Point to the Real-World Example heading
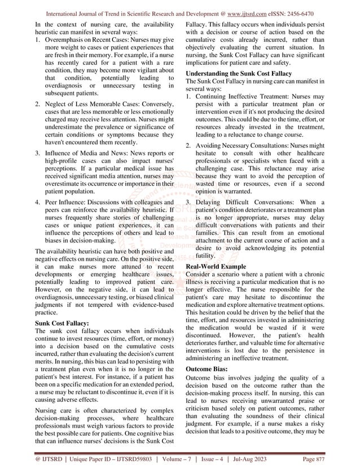point(216,266)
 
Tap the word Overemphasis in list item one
point(65,41)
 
